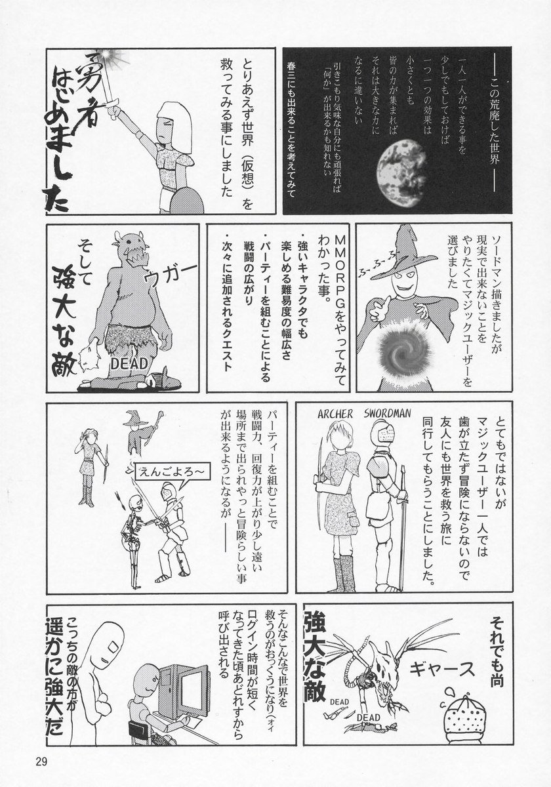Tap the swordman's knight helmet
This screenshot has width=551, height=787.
click(382, 432)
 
